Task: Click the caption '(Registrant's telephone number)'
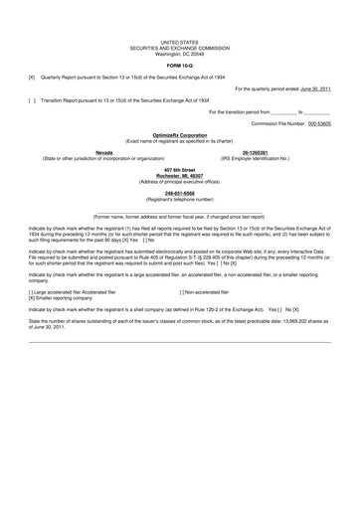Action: (179, 201)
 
